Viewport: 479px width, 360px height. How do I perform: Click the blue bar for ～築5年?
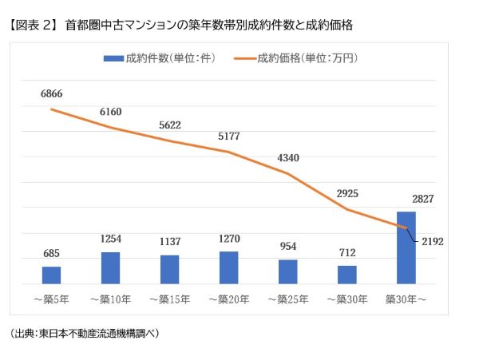[51, 275]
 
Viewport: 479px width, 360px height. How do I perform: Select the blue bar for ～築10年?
[110, 267]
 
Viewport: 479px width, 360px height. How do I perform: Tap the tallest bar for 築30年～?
[406, 247]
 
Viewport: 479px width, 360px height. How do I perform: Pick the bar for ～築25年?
[287, 271]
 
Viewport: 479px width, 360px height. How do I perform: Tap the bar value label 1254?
[110, 239]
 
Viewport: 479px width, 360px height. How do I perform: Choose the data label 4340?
[287, 157]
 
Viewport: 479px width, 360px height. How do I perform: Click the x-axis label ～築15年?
[169, 300]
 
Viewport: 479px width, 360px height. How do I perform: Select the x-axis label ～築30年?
[346, 300]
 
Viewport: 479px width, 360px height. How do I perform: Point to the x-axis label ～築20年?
[228, 300]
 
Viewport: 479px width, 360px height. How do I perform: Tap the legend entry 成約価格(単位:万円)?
[307, 58]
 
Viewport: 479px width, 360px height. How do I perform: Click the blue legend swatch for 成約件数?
[113, 58]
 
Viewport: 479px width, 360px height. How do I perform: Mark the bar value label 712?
[346, 252]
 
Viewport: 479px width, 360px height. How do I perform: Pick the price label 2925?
[346, 194]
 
